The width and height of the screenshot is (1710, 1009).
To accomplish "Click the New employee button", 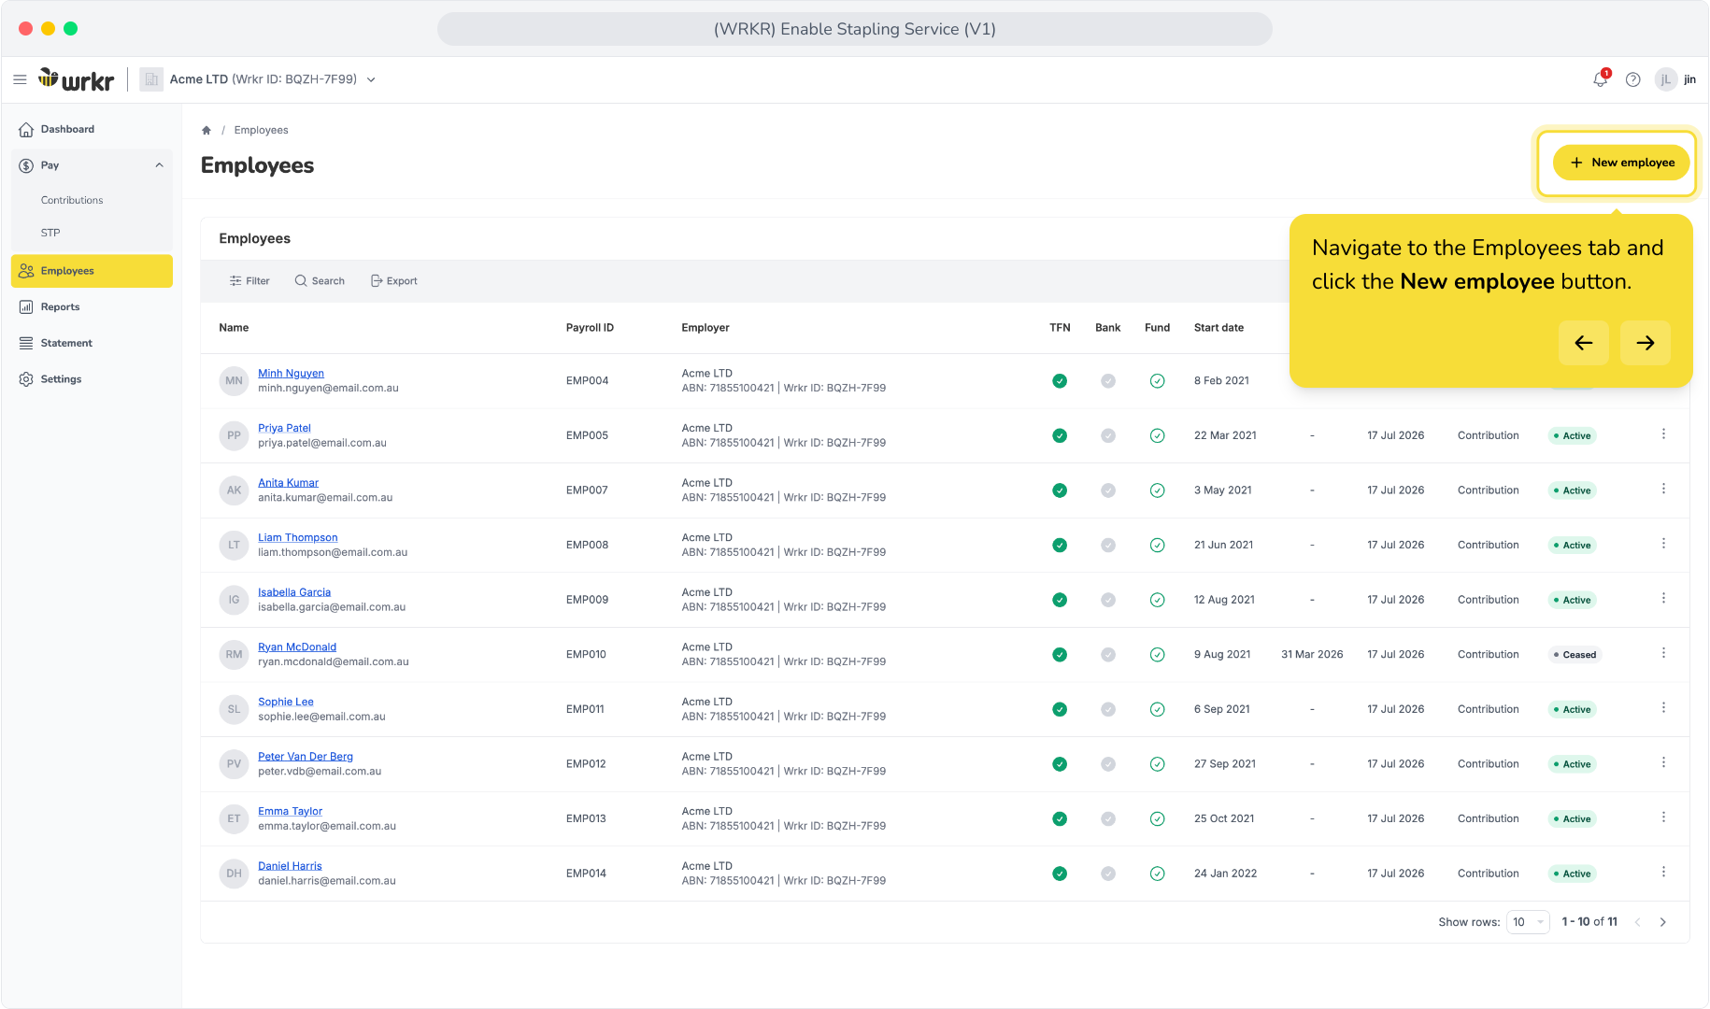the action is tap(1621, 163).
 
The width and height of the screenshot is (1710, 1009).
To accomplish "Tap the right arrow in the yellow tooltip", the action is tap(1645, 343).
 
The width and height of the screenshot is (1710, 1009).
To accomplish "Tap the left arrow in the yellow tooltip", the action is tap(1583, 343).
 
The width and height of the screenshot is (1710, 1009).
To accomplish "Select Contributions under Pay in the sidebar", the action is tap(72, 200).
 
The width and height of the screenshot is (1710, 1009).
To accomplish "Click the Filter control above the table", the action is tap(249, 281).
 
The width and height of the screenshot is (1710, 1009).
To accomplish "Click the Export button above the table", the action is tap(393, 281).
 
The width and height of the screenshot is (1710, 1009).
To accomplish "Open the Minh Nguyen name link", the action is tap(291, 373).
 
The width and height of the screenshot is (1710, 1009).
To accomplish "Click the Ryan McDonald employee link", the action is tap(297, 647).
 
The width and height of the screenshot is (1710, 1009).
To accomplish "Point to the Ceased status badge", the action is tap(1575, 655).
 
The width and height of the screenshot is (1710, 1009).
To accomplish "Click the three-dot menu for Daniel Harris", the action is tap(1663, 872).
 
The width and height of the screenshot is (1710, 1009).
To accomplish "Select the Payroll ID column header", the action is tap(590, 328).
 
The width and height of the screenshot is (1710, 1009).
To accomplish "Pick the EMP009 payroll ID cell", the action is tap(587, 600).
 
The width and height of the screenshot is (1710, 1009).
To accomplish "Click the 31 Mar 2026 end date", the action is tap(1312, 655).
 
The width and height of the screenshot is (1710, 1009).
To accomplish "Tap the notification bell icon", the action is tap(1601, 79).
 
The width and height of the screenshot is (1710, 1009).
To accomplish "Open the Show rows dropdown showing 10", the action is tap(1528, 922).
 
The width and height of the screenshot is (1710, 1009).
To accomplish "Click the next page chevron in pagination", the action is tap(1662, 922).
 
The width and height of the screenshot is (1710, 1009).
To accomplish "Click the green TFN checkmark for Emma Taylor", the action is tap(1060, 819).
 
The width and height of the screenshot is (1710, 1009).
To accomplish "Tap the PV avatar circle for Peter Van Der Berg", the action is tap(234, 764).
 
